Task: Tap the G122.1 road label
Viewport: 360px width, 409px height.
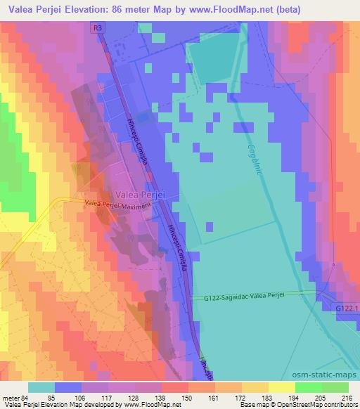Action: pos(345,307)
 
